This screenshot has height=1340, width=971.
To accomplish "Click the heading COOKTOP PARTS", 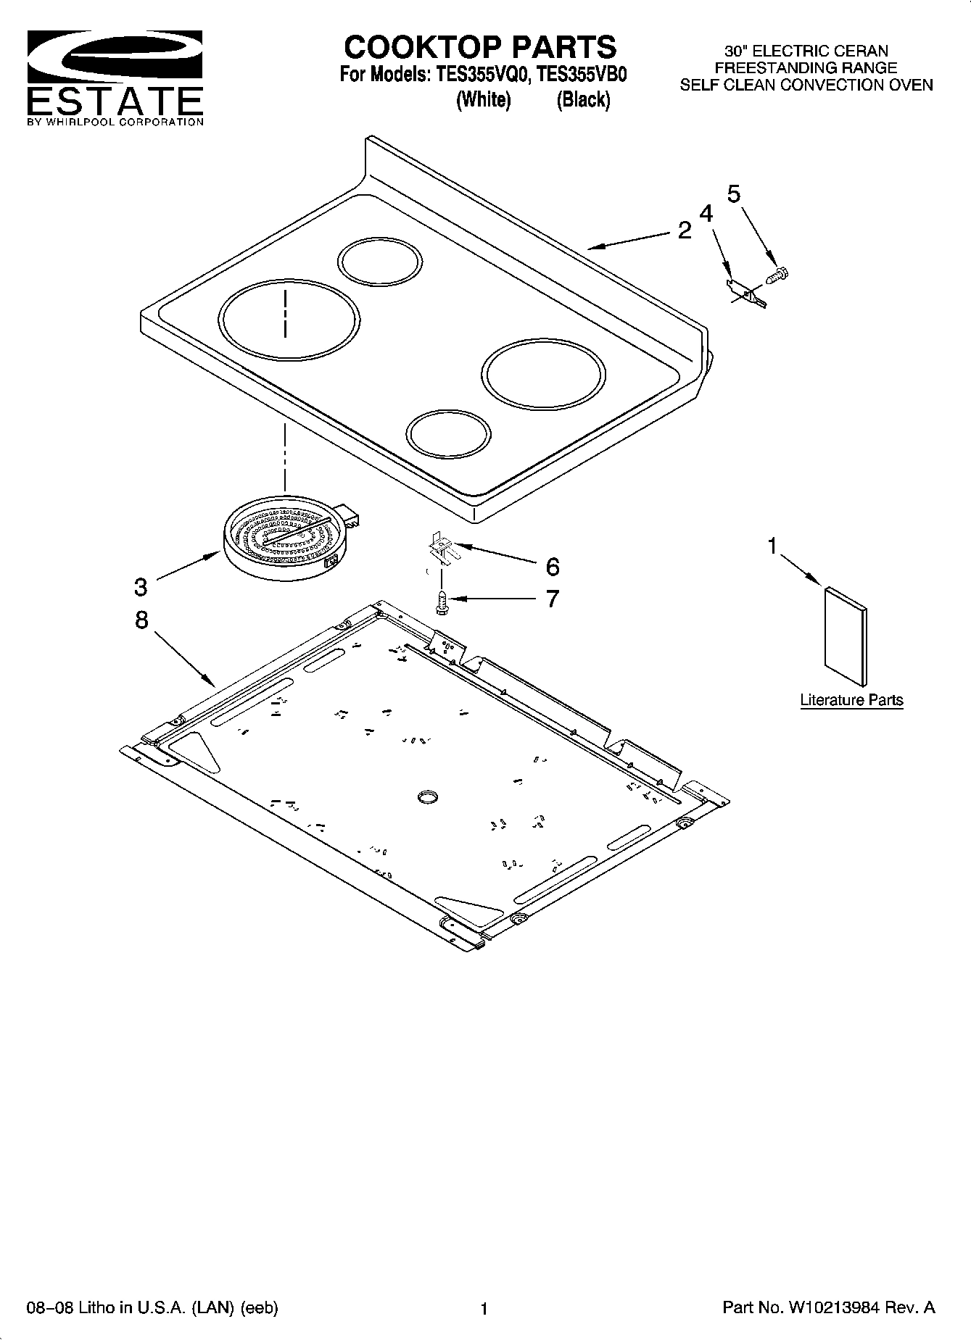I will pyautogui.click(x=479, y=47).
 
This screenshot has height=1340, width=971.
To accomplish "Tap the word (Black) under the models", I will pyautogui.click(x=583, y=100).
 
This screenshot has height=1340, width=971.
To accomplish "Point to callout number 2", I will pyautogui.click(x=685, y=230).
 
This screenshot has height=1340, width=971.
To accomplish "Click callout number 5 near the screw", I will pyautogui.click(x=734, y=194).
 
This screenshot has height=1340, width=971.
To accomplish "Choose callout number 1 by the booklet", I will pyautogui.click(x=772, y=546).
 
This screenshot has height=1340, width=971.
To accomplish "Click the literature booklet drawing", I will pyautogui.click(x=846, y=636).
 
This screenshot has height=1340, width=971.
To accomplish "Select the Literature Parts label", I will pyautogui.click(x=851, y=700).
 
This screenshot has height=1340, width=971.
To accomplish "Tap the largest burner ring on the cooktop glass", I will pyautogui.click(x=289, y=321).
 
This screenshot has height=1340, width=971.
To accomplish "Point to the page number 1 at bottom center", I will pyautogui.click(x=484, y=1309).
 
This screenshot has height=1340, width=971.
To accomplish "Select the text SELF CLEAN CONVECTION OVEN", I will pyautogui.click(x=806, y=85).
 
